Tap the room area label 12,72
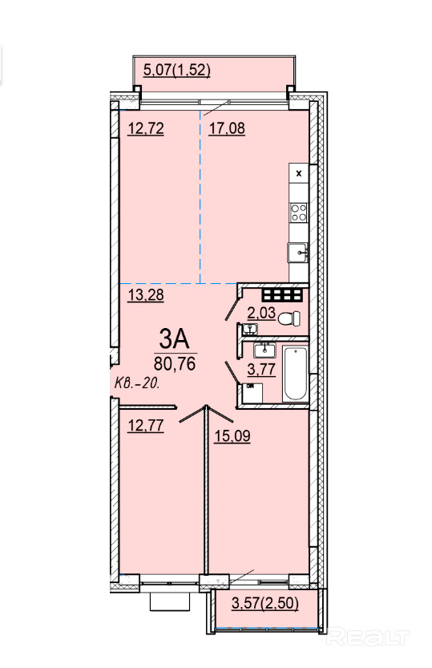(x=146, y=128)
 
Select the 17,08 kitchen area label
(x=227, y=128)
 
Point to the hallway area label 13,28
(x=146, y=295)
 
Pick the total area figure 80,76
(x=175, y=363)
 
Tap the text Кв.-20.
(x=137, y=383)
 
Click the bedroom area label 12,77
(x=146, y=425)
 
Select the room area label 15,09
(x=232, y=435)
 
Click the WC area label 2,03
(x=261, y=313)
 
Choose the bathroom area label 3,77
(x=261, y=369)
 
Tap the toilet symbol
(x=289, y=318)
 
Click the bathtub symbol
(x=296, y=374)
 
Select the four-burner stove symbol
(x=299, y=213)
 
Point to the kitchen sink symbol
(x=298, y=253)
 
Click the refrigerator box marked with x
(x=299, y=173)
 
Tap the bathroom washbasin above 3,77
(x=264, y=350)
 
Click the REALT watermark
(x=367, y=638)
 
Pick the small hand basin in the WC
(x=250, y=329)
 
